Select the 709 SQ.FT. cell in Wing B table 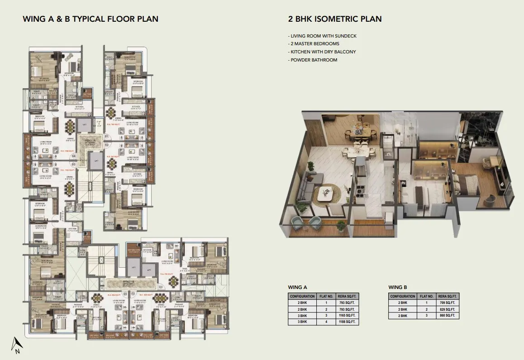[448, 303]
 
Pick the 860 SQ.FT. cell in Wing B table [448, 316]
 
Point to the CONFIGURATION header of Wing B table [403, 296]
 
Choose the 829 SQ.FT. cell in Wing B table [448, 309]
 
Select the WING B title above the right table [397, 287]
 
